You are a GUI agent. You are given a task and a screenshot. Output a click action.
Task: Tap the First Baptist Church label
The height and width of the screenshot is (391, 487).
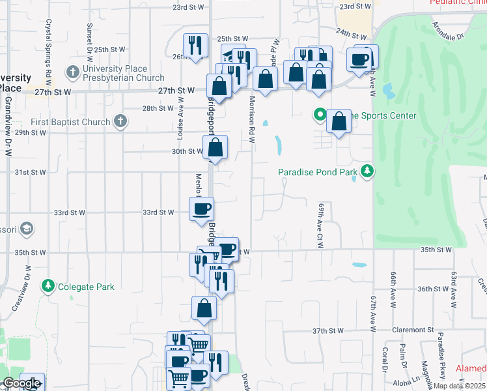(x=72, y=122)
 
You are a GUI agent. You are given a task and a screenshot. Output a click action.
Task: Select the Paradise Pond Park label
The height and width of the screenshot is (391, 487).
(x=318, y=172)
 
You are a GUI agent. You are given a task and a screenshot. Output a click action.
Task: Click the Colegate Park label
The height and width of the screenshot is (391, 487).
(x=86, y=286)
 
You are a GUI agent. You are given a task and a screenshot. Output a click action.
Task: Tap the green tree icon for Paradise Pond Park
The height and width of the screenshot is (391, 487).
(x=369, y=171)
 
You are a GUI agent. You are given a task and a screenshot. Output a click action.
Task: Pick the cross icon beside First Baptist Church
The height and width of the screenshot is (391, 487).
(x=120, y=121)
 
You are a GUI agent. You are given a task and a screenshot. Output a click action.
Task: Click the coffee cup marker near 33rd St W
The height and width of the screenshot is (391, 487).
(x=201, y=209)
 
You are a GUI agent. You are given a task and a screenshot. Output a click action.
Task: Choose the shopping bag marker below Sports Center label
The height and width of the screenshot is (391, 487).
(x=339, y=122)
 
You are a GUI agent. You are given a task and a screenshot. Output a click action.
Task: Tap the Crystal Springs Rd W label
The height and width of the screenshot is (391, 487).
(x=48, y=51)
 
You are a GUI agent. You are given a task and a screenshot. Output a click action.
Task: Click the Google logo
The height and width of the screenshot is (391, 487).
(x=21, y=384)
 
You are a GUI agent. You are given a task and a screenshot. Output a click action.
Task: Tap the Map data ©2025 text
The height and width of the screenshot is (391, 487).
(x=460, y=386)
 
